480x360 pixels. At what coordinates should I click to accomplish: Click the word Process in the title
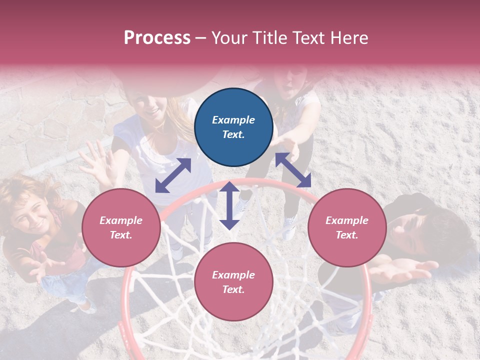coord(157,38)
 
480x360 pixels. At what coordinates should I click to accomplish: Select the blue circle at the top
coord(233,127)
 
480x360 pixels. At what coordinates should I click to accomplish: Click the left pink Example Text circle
coord(121,227)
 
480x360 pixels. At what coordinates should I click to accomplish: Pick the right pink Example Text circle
coord(347,227)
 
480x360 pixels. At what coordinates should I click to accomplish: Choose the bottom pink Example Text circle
coord(233,282)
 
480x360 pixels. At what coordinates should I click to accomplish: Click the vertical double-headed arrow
coord(229,205)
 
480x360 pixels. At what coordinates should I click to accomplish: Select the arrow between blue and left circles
coord(173,175)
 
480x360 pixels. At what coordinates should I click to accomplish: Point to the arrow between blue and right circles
coord(293,170)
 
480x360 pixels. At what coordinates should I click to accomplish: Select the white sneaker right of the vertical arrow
coord(289,227)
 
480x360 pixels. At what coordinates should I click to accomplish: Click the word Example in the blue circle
coord(233,120)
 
